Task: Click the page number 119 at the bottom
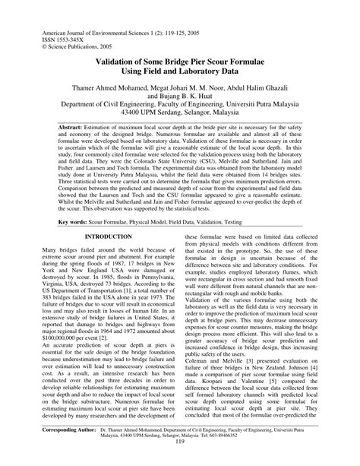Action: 180,458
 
